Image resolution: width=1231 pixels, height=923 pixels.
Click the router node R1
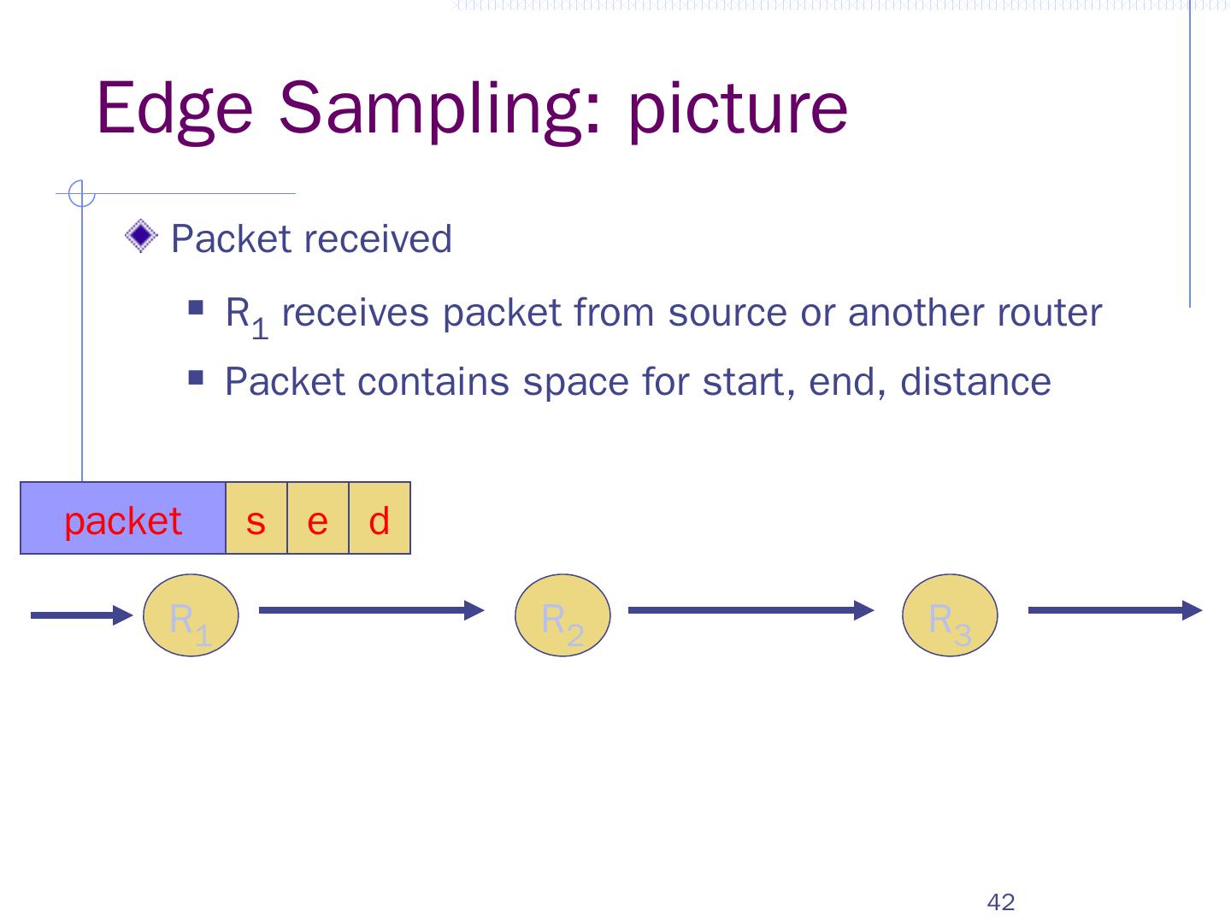[190, 615]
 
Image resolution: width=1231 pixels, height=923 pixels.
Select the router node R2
[562, 615]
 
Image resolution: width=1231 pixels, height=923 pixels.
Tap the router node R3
[950, 615]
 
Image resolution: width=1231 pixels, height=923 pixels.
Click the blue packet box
[123, 519]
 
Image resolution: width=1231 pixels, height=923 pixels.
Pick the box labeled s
[256, 519]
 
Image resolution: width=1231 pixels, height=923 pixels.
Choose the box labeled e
[318, 519]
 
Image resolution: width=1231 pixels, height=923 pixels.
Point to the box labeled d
[380, 519]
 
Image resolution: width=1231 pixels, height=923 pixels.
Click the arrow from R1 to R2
[371, 610]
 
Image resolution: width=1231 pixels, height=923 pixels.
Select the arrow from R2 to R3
[751, 610]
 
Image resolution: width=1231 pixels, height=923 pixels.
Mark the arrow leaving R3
[1115, 610]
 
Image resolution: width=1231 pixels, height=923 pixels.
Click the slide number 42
[1000, 902]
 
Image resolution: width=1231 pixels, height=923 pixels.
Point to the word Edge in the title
[175, 108]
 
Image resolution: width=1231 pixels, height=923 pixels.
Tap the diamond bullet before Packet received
[141, 236]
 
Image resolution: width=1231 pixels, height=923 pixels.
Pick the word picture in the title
[737, 108]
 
